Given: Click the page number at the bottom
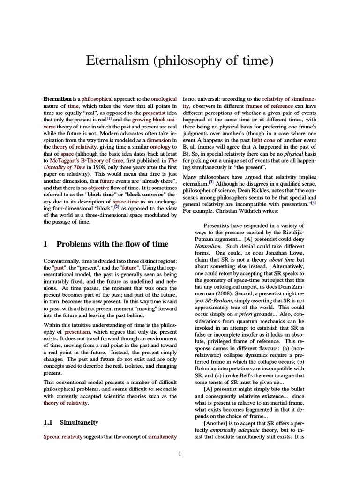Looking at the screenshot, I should coord(180,453).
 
